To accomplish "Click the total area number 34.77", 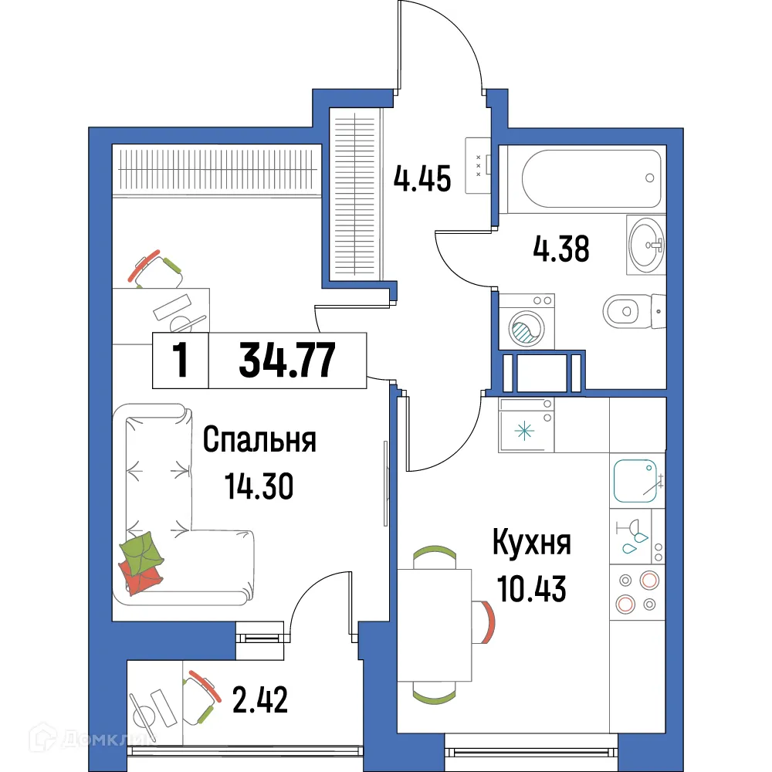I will click(x=286, y=361).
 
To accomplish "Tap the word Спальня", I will click(x=259, y=442).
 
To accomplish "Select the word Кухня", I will click(x=532, y=543).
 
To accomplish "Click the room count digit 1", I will click(x=181, y=361).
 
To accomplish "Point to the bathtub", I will click(x=591, y=178).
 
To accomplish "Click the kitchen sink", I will click(x=635, y=480).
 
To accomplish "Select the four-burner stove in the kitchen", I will click(x=636, y=592).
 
